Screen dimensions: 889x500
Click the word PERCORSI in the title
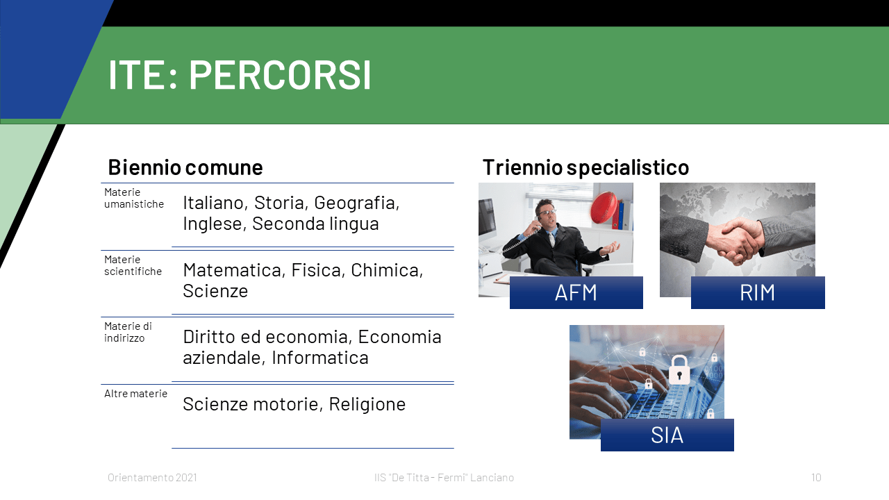[x=280, y=74]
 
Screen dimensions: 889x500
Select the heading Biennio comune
[x=185, y=167]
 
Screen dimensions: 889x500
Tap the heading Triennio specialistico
[x=585, y=167]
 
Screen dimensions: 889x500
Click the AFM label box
[x=576, y=293]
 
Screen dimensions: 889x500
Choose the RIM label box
[x=758, y=293]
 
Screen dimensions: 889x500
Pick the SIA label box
[x=667, y=435]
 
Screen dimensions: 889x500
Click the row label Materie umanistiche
[x=134, y=198]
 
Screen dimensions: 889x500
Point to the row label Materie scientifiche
[x=133, y=265]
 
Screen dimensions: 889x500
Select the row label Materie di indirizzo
[x=128, y=332]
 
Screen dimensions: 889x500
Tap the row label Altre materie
[x=135, y=394]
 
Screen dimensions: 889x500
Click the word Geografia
[x=356, y=203]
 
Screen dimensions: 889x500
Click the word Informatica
[x=320, y=358]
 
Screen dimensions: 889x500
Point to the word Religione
[x=367, y=404]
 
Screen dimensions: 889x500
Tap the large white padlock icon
[x=679, y=370]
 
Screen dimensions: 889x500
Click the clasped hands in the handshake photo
[x=738, y=241]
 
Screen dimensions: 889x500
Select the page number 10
[x=816, y=477]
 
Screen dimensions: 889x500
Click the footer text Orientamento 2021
[x=152, y=477]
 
